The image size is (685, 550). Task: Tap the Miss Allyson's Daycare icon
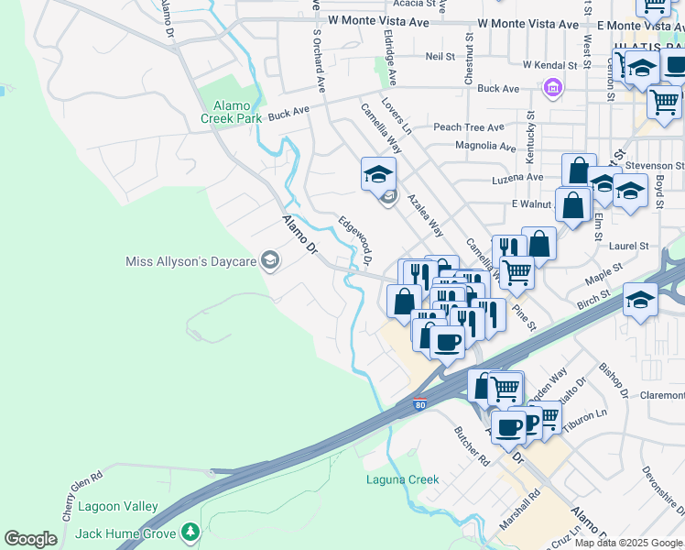[269, 262]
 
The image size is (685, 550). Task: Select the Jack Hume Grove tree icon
[190, 531]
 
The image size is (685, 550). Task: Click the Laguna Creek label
[402, 479]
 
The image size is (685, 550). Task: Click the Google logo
[30, 539]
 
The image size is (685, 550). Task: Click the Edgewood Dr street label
[354, 240]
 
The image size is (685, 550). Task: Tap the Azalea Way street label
[426, 215]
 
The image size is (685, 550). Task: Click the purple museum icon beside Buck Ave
[552, 88]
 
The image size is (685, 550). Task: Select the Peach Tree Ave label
[469, 127]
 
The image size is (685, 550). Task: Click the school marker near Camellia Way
[377, 174]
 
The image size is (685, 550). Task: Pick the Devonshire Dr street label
[661, 496]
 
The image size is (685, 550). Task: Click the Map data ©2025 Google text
[628, 543]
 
